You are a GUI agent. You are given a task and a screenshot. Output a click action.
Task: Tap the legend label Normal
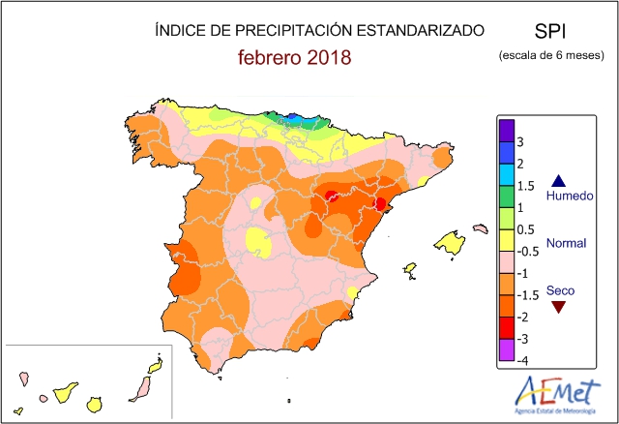coord(568,243)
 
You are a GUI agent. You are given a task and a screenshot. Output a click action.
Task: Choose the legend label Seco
coord(559,289)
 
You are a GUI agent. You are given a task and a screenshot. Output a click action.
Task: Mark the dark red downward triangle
coord(557,307)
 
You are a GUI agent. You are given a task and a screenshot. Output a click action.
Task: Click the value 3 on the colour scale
coord(520,142)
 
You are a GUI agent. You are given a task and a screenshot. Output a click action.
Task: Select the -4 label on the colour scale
coord(522,361)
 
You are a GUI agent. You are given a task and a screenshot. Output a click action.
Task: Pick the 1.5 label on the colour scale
coord(525,186)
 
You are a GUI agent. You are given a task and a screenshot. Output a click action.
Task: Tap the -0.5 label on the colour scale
coord(527,251)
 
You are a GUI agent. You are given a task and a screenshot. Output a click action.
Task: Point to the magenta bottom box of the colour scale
coord(505,349)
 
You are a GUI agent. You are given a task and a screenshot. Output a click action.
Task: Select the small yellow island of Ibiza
coord(410,268)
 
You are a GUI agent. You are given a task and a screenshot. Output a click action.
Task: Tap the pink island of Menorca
coord(480,228)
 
